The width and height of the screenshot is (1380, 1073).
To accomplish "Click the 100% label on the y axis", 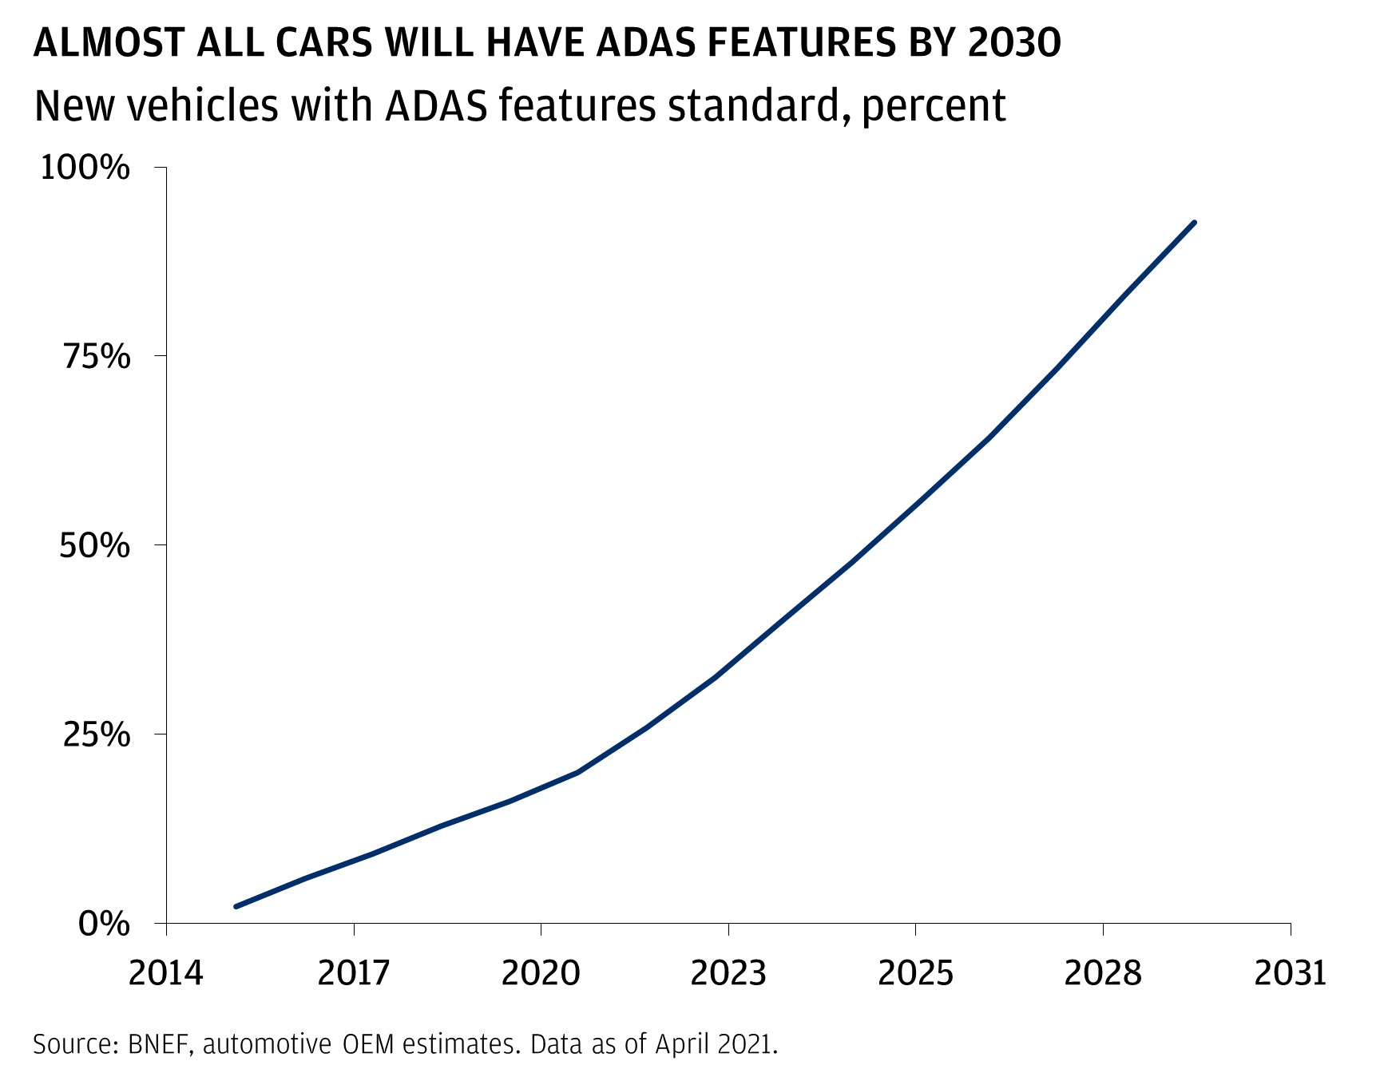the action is click(x=85, y=168).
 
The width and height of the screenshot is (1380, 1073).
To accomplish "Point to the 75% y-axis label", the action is click(x=96, y=356).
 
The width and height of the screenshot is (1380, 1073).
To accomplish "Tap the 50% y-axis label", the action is click(x=95, y=545).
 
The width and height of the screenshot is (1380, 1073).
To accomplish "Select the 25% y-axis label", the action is click(x=96, y=734).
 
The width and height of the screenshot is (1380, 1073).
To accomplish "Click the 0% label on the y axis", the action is click(x=104, y=924).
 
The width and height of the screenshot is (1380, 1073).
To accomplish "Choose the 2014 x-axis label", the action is click(x=166, y=973).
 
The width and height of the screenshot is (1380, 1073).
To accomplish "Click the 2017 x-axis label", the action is click(x=354, y=973).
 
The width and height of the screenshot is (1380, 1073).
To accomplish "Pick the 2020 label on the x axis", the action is click(x=541, y=973).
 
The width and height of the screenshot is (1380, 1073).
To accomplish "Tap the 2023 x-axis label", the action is click(x=728, y=973).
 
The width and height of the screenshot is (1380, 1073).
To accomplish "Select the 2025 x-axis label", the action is click(x=915, y=973).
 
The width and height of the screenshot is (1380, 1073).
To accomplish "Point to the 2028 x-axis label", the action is click(x=1103, y=973).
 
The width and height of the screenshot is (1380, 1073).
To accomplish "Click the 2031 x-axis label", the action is click(x=1290, y=973).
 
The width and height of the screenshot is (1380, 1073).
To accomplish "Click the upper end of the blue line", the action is click(x=1195, y=222).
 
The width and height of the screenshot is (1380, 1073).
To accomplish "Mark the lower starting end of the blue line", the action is click(x=236, y=906).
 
